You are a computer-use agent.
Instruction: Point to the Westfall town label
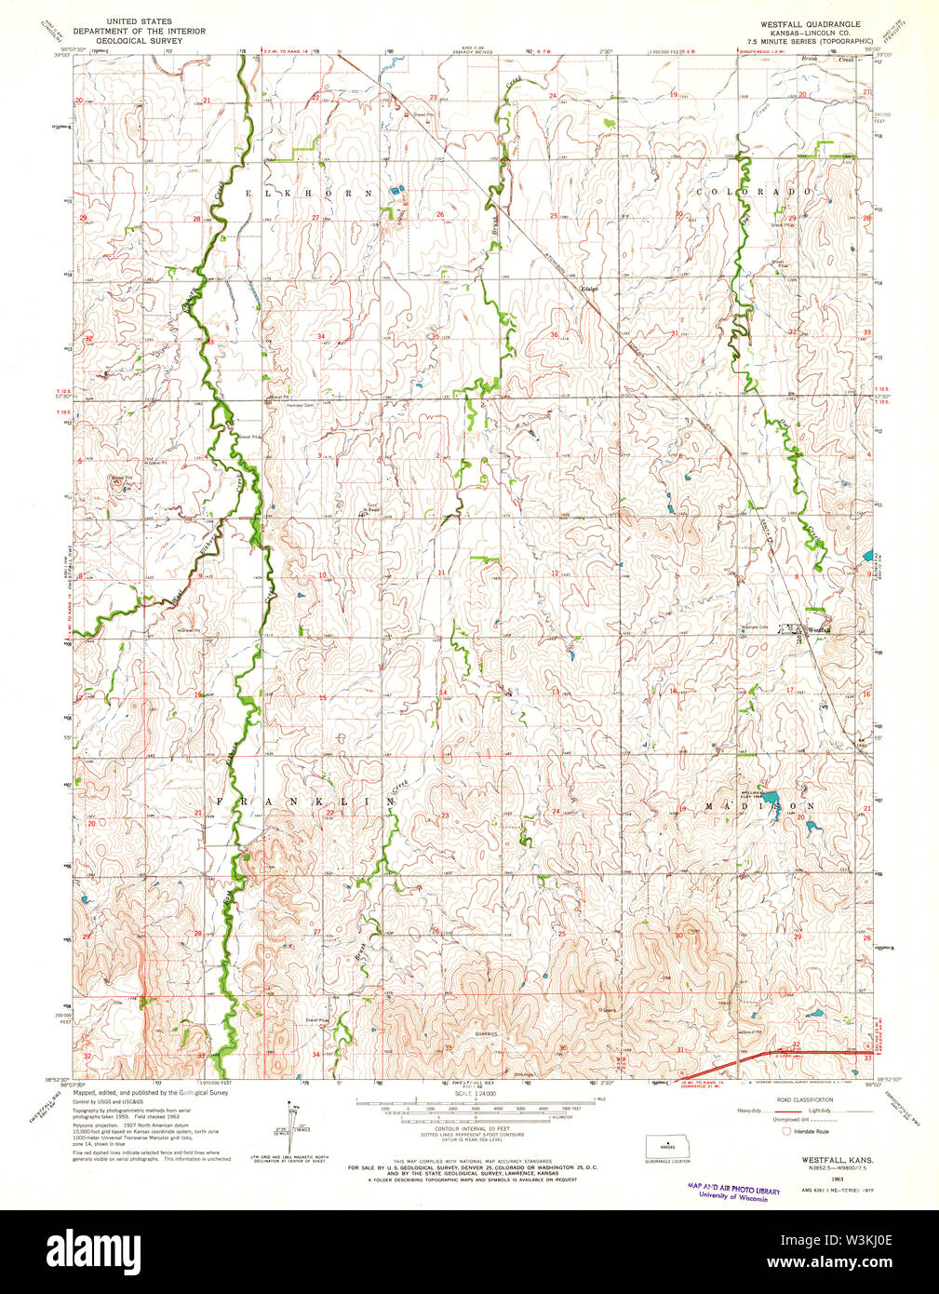819,630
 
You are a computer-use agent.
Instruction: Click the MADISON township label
759,805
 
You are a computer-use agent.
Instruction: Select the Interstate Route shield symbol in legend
786,1131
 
